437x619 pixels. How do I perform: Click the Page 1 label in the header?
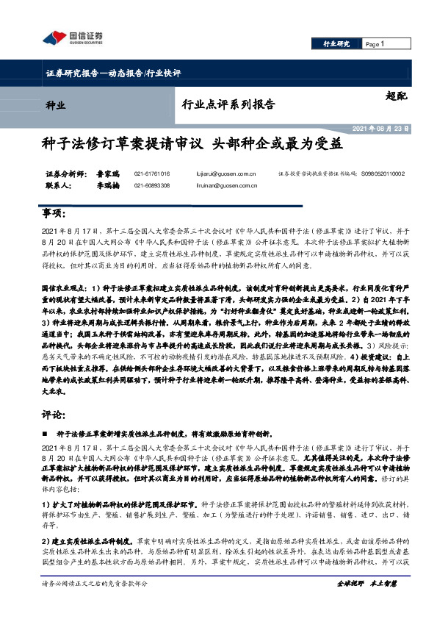(x=375, y=44)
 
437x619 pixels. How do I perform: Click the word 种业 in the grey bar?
(x=56, y=104)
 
